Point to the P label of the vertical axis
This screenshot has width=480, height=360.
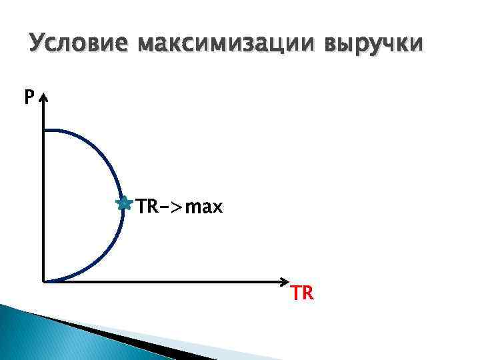[29, 98]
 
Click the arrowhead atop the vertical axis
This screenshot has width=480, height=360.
[43, 98]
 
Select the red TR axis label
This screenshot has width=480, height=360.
[302, 294]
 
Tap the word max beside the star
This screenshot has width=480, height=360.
[203, 207]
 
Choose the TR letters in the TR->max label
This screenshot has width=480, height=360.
[147, 207]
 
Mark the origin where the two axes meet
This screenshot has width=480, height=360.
[43, 281]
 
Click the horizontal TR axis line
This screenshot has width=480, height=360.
[167, 281]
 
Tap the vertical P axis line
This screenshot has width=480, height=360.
[43, 200]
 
